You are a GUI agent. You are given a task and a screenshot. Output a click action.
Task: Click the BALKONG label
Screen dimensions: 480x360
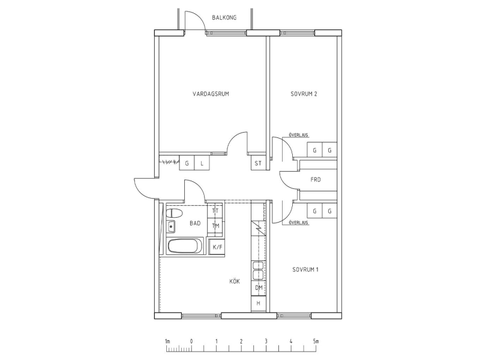click(x=224, y=17)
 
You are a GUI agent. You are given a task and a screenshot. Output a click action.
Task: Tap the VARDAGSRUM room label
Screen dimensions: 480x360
click(x=211, y=94)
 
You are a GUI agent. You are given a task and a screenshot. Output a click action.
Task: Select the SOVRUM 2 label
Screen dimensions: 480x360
click(x=304, y=94)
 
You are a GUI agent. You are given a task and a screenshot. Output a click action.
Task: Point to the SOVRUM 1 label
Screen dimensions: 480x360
click(x=305, y=269)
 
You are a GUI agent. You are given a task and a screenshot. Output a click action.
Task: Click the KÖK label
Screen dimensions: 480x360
click(x=235, y=281)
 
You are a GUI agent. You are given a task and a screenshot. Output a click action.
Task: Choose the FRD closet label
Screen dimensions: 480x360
click(x=316, y=179)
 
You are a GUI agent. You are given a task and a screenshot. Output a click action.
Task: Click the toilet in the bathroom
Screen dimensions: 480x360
click(x=173, y=212)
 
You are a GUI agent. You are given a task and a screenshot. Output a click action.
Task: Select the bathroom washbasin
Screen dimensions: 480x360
click(x=170, y=227)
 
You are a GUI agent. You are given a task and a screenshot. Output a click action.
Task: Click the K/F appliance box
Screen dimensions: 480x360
click(x=217, y=247)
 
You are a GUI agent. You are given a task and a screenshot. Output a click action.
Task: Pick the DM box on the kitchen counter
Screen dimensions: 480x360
click(x=259, y=287)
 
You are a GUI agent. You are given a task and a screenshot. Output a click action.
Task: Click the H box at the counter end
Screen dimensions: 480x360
click(x=259, y=304)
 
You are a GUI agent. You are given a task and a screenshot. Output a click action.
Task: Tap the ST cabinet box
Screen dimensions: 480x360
click(x=258, y=163)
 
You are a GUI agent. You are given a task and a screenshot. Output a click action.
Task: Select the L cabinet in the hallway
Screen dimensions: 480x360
click(x=202, y=163)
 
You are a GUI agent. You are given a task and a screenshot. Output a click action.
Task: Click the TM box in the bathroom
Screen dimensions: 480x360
click(x=215, y=226)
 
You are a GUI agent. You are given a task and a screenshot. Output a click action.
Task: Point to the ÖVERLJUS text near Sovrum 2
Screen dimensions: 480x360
click(x=298, y=134)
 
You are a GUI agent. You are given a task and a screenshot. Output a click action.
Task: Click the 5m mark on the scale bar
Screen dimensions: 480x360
click(x=316, y=341)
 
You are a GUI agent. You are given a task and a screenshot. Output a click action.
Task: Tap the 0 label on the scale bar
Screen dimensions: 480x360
click(x=191, y=341)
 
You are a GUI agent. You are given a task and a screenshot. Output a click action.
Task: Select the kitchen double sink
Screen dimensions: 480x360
click(x=258, y=270)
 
